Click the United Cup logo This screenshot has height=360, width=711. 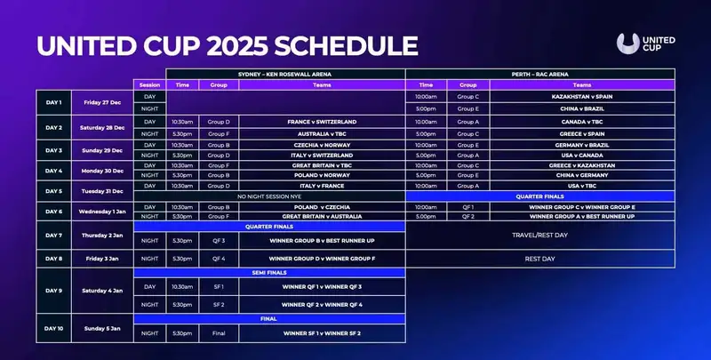click(644, 44)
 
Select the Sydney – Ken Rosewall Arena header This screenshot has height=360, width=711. click(285, 74)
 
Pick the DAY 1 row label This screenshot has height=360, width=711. click(54, 102)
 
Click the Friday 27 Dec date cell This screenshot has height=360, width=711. click(102, 102)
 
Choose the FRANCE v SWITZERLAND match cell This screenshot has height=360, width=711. click(322, 121)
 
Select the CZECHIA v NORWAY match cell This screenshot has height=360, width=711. click(322, 144)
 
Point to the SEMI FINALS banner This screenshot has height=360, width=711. click(269, 274)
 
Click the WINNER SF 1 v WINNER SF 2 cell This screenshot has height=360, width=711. click(322, 332)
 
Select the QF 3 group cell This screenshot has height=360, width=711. click(219, 240)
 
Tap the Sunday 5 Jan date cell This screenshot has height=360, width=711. click(102, 327)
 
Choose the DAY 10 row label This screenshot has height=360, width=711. click(54, 327)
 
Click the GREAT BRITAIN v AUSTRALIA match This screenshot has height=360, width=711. click(322, 215)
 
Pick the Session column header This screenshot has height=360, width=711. click(149, 84)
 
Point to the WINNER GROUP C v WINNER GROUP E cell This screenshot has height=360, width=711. click(581, 206)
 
